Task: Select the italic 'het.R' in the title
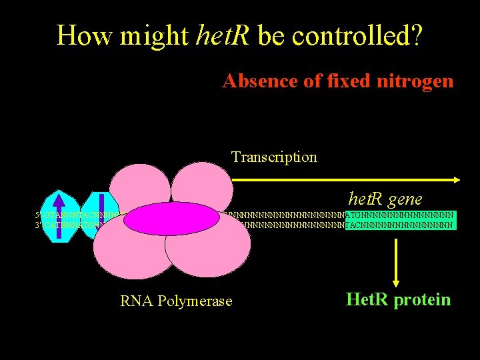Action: (223, 35)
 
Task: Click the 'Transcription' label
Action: (274, 157)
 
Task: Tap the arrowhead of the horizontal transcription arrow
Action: (457, 179)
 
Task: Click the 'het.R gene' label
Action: (385, 199)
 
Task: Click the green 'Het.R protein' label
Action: (398, 300)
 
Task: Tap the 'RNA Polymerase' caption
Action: (176, 301)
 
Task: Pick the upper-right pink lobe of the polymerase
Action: (201, 187)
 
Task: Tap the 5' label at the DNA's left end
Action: (38, 215)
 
